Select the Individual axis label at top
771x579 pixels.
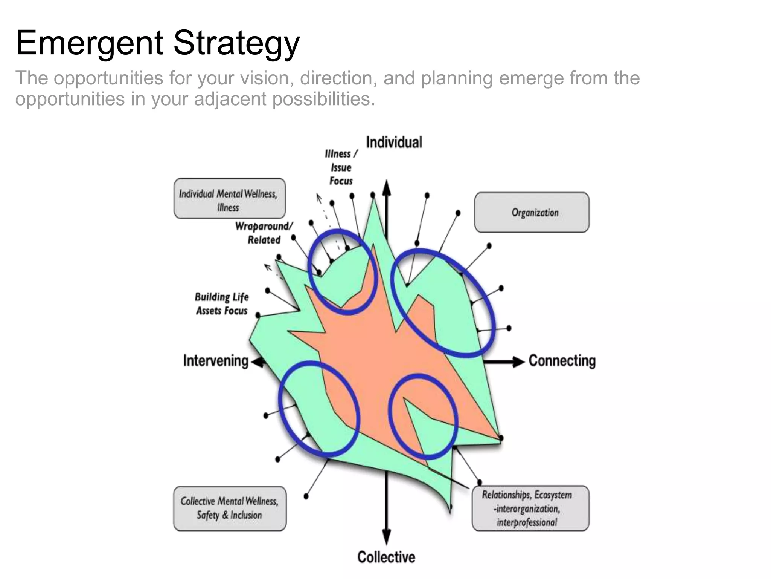(x=394, y=142)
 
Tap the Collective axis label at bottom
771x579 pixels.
(x=386, y=557)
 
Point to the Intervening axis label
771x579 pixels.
(x=216, y=361)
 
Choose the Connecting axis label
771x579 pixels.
(x=562, y=361)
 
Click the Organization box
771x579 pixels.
(x=532, y=213)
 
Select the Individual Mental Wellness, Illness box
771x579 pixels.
(x=229, y=199)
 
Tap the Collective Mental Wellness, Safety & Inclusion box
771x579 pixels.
(x=230, y=508)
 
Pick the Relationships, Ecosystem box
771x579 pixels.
(x=530, y=508)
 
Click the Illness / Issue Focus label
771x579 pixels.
(x=341, y=167)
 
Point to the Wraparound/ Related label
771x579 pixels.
(x=264, y=233)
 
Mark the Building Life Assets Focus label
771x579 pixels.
(x=222, y=304)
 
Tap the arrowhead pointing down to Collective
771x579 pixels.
(x=386, y=537)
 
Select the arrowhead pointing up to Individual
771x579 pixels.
(x=386, y=187)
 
